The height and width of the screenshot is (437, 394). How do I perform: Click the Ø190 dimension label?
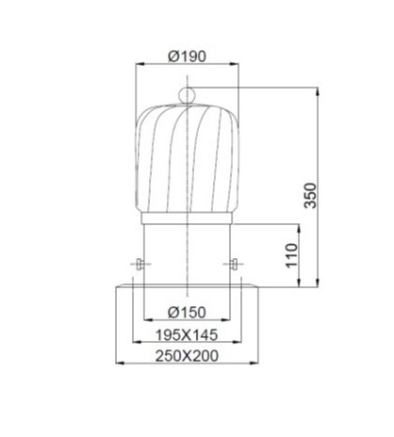coord(187,57)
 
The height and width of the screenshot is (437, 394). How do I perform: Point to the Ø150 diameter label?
coord(187,312)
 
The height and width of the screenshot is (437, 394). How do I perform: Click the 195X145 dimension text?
coord(187,335)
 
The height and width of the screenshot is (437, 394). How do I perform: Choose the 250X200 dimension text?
coord(187,358)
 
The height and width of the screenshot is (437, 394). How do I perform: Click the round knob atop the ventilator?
coord(187,93)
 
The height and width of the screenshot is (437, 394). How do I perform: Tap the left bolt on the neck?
coord(140,264)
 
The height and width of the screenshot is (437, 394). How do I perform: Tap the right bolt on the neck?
coord(233,264)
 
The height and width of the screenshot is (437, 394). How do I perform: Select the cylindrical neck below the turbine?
coord(187,247)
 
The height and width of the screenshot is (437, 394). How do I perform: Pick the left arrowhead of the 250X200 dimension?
coord(118,364)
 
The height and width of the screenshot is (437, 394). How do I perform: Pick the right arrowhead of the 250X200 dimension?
coord(256,364)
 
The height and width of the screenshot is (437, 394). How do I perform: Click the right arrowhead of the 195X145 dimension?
coord(239,343)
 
